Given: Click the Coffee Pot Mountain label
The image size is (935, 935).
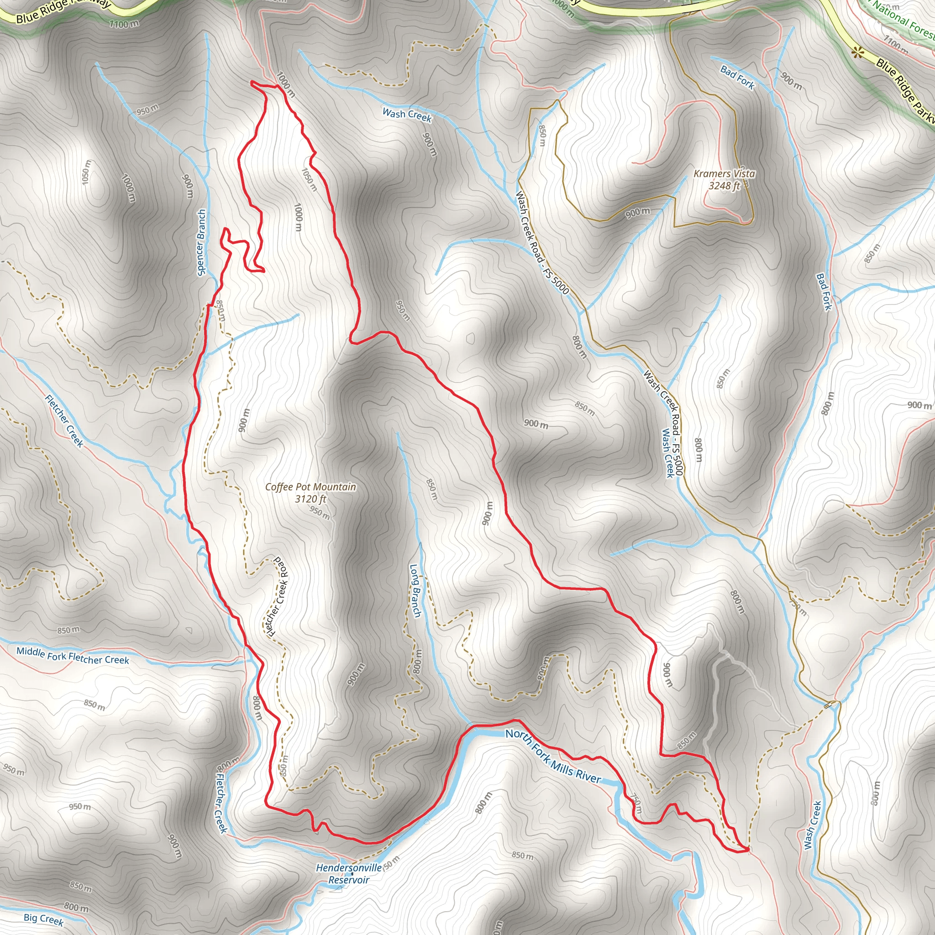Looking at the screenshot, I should (x=310, y=487).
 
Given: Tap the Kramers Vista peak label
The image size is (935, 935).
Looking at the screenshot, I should (x=724, y=173).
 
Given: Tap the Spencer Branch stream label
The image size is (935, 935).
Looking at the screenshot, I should (x=201, y=242).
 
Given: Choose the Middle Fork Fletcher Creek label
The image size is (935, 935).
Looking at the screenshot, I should (x=73, y=655).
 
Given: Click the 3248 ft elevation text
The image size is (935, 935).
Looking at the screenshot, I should (x=724, y=185).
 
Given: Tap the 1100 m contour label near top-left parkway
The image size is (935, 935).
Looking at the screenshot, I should (x=124, y=24).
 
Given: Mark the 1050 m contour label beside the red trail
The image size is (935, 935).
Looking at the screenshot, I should (x=309, y=179).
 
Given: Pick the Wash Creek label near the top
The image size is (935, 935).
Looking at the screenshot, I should (x=406, y=115).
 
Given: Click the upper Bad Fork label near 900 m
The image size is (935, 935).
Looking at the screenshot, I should (x=737, y=78).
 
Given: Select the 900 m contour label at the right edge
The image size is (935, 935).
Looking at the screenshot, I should (x=919, y=405).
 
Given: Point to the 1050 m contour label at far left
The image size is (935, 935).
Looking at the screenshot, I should (x=86, y=172).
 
